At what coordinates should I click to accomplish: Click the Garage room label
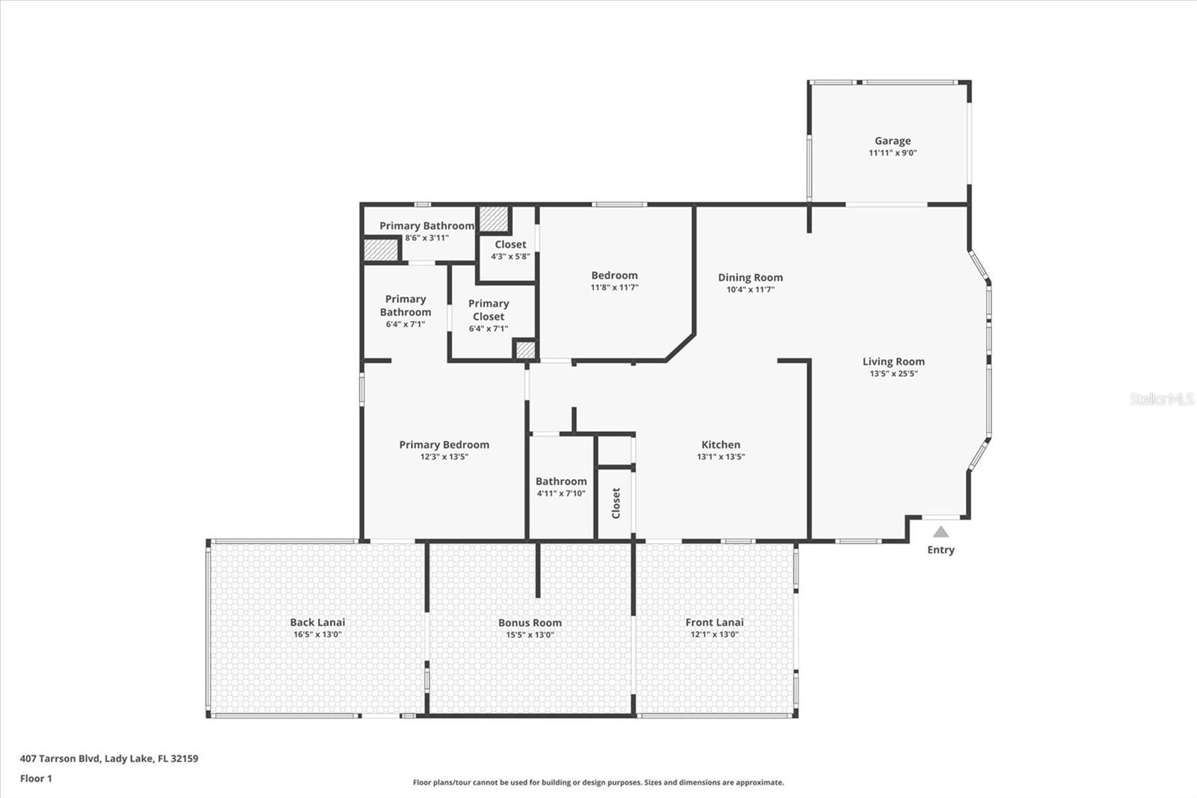click(x=893, y=141)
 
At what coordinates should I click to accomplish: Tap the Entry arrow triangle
click(x=940, y=532)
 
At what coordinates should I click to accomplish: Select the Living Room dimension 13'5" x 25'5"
click(x=893, y=374)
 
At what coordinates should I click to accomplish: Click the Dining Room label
click(x=750, y=277)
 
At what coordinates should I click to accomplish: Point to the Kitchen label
click(x=720, y=445)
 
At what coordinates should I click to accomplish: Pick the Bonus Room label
click(x=530, y=623)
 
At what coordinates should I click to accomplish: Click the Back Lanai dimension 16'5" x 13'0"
click(x=317, y=635)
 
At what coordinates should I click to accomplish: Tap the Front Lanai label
click(x=714, y=622)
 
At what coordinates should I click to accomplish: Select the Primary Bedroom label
click(x=444, y=445)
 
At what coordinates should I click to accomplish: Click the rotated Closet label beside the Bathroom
click(x=616, y=503)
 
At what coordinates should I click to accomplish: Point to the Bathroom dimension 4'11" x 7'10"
click(x=561, y=493)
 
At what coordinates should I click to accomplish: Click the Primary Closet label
click(x=489, y=310)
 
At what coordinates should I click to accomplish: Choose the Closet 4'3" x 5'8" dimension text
click(x=510, y=256)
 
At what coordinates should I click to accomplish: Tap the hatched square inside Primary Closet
click(x=525, y=350)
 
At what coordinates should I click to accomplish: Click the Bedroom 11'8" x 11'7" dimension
click(x=614, y=287)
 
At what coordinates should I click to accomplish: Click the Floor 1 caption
click(x=36, y=779)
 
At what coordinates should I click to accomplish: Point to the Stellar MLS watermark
click(x=1161, y=399)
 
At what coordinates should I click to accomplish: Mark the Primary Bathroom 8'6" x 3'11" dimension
click(x=426, y=238)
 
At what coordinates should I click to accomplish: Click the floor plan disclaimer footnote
click(x=598, y=782)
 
